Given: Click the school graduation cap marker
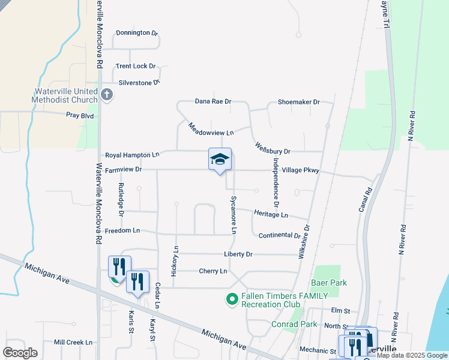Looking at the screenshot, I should (220, 159).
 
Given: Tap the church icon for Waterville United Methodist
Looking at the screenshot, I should (107, 94).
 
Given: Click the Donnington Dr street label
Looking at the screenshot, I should (136, 33).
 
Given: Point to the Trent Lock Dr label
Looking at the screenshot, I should (136, 66).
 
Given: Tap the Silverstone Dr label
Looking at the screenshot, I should (139, 82).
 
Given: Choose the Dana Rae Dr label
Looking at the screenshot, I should (213, 101).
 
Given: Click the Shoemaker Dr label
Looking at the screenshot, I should (298, 102).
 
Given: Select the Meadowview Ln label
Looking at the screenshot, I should (211, 128).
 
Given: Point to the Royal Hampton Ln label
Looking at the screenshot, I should (132, 155).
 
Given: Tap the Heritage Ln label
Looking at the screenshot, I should (271, 214).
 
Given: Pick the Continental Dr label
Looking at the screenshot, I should (279, 236).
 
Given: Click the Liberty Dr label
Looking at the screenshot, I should (238, 254).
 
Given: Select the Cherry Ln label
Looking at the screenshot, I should (213, 271).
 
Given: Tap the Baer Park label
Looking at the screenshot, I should (329, 283).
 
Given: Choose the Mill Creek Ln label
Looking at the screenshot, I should (73, 342).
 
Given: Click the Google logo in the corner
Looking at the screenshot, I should (20, 353).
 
